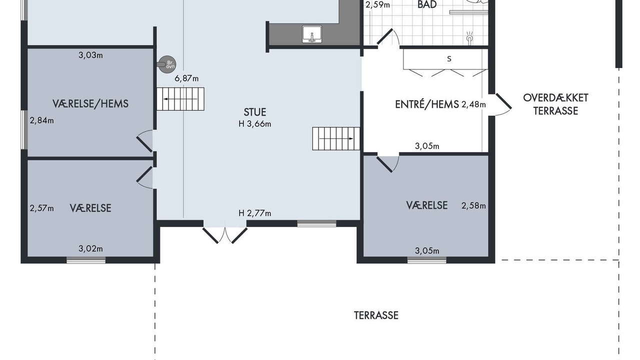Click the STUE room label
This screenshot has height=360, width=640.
coord(255,112)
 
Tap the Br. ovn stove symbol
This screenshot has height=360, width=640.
coord(167,64)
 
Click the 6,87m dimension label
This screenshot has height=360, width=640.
coord(186,78)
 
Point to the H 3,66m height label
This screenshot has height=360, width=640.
coord(255,124)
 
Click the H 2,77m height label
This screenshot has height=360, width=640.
coord(255,213)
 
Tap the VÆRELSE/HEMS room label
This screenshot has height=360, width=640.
coord(90,103)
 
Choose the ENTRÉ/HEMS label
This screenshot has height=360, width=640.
coord(427,104)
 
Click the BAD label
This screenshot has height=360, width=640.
coord(427,4)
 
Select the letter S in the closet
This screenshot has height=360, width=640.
coord(449,59)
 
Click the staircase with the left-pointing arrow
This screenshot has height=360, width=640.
coord(180,99)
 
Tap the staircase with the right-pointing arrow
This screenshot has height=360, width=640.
coord(335,138)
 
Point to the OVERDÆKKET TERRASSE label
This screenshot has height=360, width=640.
coord(555,104)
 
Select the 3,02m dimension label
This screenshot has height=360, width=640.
coord(90,249)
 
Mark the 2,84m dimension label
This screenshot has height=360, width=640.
coord(41,120)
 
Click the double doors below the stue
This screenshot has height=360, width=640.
coord(225,235)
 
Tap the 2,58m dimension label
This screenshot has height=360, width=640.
coord(473,205)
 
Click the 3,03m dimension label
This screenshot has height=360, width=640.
coord(90,55)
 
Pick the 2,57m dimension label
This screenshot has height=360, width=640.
coord(41,208)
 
